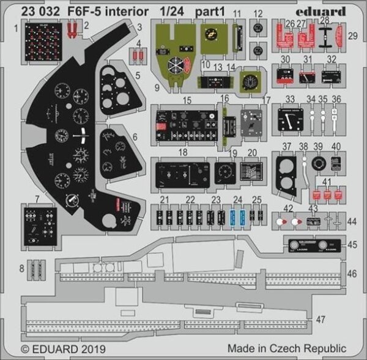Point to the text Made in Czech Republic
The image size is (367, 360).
tap(287, 348)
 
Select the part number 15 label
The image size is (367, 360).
tap(187, 100)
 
